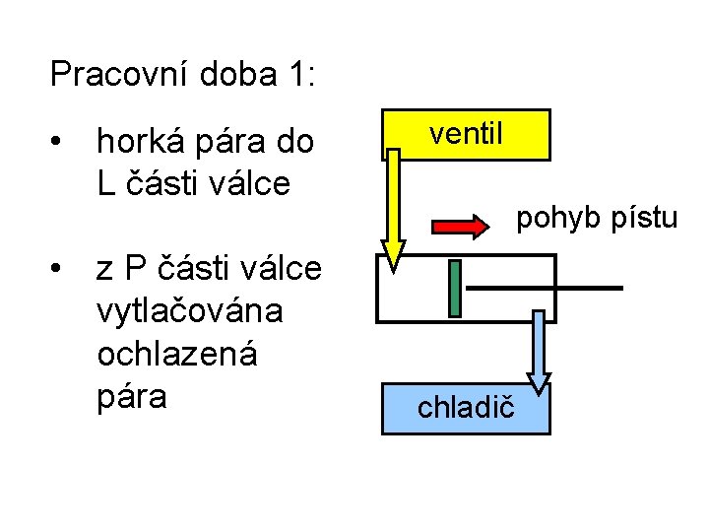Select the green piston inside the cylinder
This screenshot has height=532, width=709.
[x=454, y=288]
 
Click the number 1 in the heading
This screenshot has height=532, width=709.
[x=298, y=74]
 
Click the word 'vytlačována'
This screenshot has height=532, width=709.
[x=189, y=310]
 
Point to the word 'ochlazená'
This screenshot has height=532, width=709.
[x=176, y=353]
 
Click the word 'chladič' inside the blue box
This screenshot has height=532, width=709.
[x=466, y=407]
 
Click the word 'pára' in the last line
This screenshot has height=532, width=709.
[x=132, y=396]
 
